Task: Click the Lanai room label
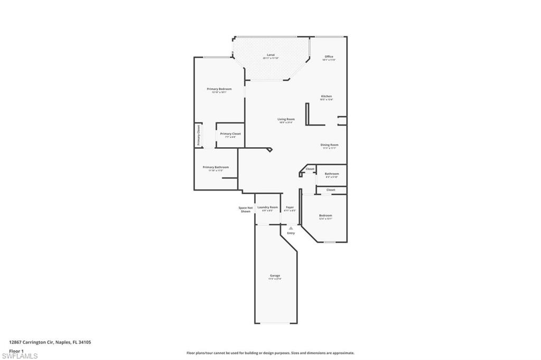[270, 54]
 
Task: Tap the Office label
[329, 56]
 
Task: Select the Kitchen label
[327, 96]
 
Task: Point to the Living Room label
[286, 119]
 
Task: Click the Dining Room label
[329, 145]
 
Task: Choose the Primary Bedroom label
[219, 89]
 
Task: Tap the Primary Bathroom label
[216, 167]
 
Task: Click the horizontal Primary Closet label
[230, 134]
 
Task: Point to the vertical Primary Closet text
[199, 135]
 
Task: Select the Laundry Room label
[267, 207]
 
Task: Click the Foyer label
[290, 207]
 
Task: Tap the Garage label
[275, 276]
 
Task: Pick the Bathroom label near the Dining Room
[332, 174]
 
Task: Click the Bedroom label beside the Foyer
[325, 215]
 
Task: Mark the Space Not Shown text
[246, 210]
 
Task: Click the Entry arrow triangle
[291, 228]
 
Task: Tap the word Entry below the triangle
[291, 233]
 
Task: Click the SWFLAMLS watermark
[20, 356]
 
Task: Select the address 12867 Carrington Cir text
[50, 342]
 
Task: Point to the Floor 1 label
[16, 350]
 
